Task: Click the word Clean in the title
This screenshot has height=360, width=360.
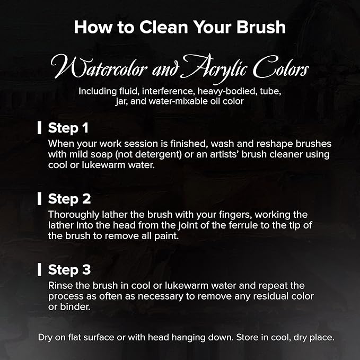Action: pos(164,28)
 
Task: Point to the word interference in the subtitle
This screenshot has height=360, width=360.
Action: pos(168,91)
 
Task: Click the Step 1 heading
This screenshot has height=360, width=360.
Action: pos(68,128)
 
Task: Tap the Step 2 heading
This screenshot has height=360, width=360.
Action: pos(69,199)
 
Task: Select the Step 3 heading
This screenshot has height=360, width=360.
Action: pos(69,270)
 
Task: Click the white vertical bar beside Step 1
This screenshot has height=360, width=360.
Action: pos(39,128)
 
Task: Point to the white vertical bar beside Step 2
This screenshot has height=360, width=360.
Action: pos(39,199)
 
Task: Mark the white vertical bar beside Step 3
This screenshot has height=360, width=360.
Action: pos(39,269)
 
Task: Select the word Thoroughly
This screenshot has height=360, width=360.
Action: pos(74,215)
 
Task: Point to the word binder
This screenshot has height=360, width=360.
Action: pos(75,307)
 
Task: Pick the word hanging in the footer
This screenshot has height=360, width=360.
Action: pos(189,338)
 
